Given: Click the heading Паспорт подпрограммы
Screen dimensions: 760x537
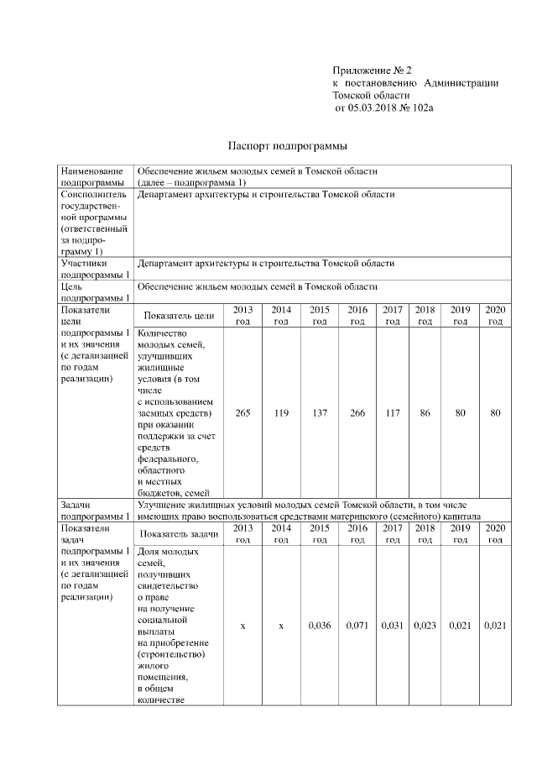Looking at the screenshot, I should point(281,145).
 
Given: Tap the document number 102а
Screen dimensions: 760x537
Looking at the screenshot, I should point(423,108).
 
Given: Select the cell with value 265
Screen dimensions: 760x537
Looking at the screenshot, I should point(242,413).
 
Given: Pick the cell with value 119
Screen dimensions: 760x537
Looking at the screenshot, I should point(281,413).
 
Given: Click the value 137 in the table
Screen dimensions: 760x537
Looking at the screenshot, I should point(319,413).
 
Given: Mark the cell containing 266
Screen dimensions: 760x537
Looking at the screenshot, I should point(357,413).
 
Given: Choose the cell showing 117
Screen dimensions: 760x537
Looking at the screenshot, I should point(392,413).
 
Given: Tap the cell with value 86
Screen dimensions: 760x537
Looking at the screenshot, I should point(425,413).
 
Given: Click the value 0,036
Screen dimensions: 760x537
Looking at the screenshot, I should point(319,626).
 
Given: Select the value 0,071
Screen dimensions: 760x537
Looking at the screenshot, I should point(357,626).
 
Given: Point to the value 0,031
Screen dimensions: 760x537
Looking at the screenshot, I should point(392,626).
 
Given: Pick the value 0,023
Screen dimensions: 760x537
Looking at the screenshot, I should point(425,626).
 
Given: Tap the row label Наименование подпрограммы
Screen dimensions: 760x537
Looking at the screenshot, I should point(92,176).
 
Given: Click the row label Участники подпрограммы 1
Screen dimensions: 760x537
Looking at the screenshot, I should point(92,269).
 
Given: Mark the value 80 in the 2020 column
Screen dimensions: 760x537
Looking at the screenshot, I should point(495,413).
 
